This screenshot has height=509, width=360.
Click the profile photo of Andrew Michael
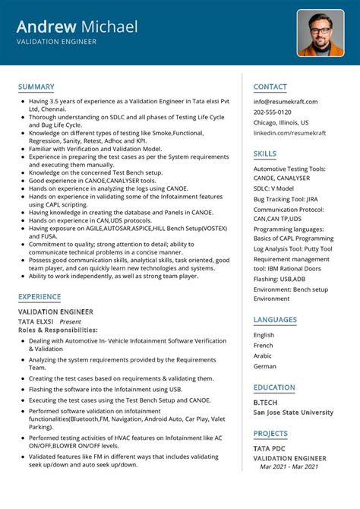[x=320, y=33]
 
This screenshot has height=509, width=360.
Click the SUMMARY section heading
[x=36, y=87]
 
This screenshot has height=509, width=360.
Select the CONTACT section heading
[x=270, y=87]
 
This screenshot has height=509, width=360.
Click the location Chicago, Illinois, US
[x=281, y=122]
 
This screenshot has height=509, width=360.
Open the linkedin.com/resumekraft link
[x=289, y=133]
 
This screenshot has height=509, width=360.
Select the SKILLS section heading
[x=265, y=153]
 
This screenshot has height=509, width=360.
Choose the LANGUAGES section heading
[x=276, y=320]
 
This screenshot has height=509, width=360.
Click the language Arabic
[x=263, y=356]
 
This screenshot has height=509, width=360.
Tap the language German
[x=264, y=366]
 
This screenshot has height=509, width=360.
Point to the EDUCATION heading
[x=275, y=387]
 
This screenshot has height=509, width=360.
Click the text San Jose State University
[x=293, y=413]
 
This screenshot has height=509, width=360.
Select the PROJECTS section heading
[x=271, y=433]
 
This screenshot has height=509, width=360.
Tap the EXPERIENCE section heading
[x=40, y=296]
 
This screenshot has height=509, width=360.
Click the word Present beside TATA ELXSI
[x=71, y=321]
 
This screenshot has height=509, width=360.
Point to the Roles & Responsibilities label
[x=58, y=330]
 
